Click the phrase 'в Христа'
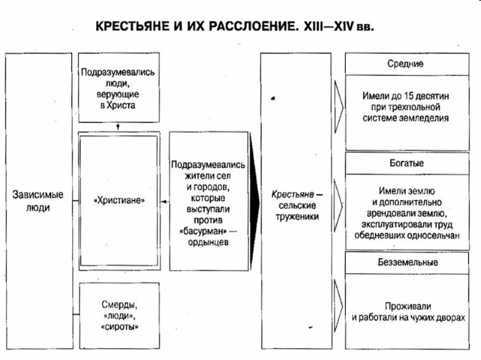coord(119,105)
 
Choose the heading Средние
coord(406,63)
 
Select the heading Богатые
coord(406,163)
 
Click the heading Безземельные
coord(407,263)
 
